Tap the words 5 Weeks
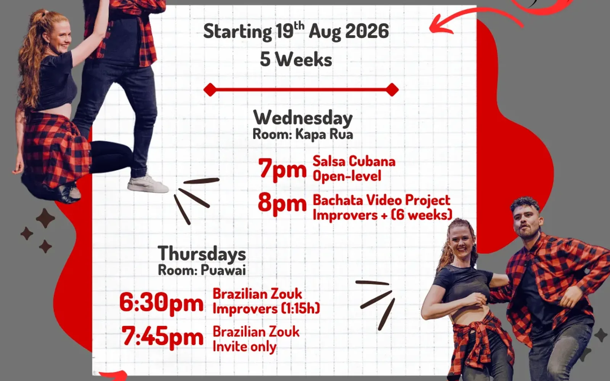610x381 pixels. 296,59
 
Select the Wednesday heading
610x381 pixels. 303,118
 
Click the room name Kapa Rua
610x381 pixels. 324,134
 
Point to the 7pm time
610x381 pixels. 283,169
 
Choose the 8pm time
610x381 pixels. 282,203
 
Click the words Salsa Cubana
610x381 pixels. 354,161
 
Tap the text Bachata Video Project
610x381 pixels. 382,200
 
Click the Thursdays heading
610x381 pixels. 202,253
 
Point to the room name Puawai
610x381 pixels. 223,270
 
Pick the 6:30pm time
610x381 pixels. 162,303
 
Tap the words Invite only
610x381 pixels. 244,347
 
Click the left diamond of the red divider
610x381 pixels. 210,90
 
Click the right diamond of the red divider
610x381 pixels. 392,90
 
